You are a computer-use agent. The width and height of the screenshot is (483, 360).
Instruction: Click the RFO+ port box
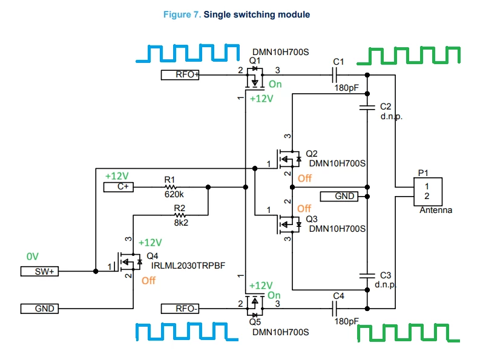(180, 75)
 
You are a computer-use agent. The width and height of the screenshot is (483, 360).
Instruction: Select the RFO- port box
(180, 309)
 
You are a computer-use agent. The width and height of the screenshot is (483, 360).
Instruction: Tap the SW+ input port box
(39, 271)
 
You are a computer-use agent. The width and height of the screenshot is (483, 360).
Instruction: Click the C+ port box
(118, 187)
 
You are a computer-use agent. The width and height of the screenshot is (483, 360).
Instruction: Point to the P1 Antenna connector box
(428, 192)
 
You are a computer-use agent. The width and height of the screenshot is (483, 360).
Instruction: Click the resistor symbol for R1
(170, 187)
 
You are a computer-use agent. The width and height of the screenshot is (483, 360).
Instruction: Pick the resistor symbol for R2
(180, 215)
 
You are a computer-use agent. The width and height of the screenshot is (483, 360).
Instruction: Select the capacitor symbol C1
(335, 75)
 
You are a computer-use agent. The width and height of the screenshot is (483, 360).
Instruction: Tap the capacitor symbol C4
(335, 309)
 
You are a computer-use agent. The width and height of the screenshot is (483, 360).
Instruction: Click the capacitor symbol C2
(367, 107)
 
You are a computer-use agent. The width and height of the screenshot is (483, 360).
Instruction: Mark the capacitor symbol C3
(367, 275)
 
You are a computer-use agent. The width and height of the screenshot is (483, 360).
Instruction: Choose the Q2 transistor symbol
(289, 159)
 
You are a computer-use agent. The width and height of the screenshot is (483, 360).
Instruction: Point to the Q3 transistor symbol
(289, 224)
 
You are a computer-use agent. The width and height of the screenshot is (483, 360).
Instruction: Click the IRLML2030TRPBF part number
(188, 266)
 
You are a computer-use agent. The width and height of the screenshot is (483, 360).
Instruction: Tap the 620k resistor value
(174, 195)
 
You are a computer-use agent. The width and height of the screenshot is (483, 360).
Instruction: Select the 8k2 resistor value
(181, 223)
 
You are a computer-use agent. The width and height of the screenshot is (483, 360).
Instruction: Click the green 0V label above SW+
(32, 257)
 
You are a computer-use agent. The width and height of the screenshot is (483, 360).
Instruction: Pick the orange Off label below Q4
(148, 281)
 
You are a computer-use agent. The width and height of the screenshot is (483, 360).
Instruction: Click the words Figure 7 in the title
(182, 15)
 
